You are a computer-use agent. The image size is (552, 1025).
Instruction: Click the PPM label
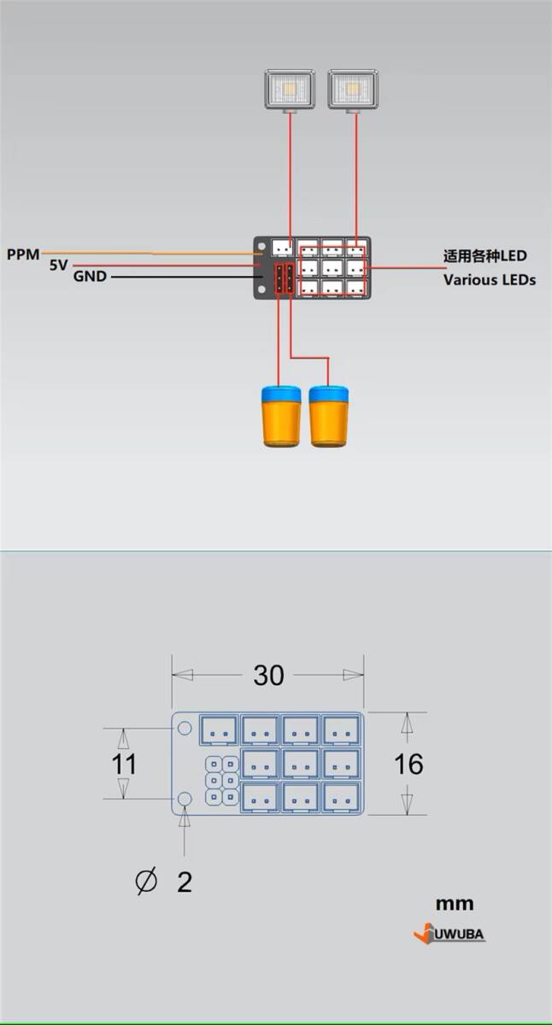coord(22,254)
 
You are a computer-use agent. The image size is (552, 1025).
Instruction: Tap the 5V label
coord(58,266)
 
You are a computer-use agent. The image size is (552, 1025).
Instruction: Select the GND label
coord(90,277)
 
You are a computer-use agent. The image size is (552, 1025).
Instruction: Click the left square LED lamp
coord(291,90)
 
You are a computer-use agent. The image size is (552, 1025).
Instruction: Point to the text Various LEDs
coord(489,279)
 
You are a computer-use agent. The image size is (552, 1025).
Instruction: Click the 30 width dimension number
coord(268,676)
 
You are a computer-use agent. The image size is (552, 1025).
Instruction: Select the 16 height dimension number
coord(408,764)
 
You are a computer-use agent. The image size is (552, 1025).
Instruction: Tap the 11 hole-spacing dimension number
coord(125,764)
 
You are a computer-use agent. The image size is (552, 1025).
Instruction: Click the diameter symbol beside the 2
coord(146,881)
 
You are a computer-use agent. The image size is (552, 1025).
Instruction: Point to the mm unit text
coord(454,903)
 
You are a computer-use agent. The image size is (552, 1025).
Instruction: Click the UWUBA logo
coord(449,934)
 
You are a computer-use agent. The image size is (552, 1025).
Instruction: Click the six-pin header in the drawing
coord(221,781)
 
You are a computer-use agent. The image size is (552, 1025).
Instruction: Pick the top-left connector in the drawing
coord(218,729)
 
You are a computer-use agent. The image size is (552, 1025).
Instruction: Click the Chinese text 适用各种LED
coord(484,255)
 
